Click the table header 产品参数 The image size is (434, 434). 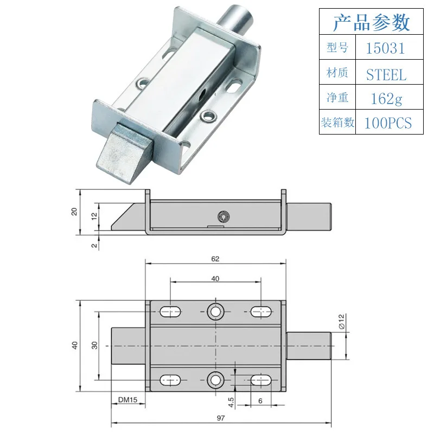(x=371, y=23)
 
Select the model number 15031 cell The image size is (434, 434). (x=385, y=48)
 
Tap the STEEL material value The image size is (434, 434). (x=386, y=74)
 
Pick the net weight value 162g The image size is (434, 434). (x=385, y=99)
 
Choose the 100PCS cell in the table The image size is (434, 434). (x=387, y=123)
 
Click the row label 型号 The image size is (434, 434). (x=337, y=48)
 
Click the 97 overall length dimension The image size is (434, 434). (x=220, y=418)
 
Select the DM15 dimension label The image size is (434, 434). (x=127, y=400)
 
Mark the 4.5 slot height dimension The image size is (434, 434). (x=231, y=401)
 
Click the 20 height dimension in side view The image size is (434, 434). (x=74, y=212)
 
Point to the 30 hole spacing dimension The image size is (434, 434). (x=94, y=346)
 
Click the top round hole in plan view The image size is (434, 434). (x=215, y=311)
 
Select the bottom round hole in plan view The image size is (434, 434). (x=215, y=379)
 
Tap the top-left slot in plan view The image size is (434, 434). (x=170, y=311)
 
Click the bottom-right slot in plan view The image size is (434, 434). (x=260, y=379)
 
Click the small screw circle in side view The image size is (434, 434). (x=222, y=216)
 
